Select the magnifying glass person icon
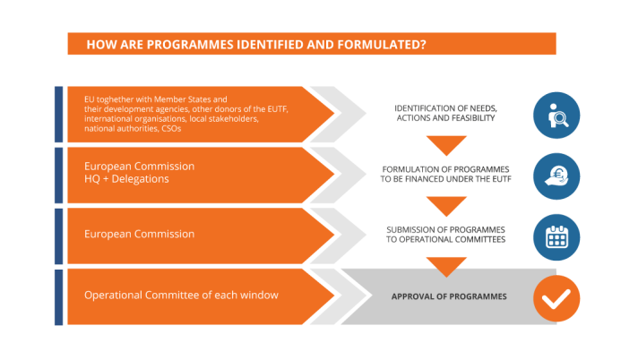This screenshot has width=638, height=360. (556, 115)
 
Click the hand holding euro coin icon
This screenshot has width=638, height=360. (556, 175)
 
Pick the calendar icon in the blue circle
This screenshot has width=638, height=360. (556, 236)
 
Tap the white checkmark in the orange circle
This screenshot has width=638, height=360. (556, 297)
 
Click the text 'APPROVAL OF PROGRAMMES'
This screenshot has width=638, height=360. (449, 296)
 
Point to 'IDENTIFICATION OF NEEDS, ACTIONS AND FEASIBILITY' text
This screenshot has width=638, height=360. (445, 114)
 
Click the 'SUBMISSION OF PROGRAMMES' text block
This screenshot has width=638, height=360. (445, 235)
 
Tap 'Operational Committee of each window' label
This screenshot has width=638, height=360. (181, 296)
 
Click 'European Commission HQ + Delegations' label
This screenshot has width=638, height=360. (139, 173)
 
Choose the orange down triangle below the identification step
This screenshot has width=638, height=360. (446, 144)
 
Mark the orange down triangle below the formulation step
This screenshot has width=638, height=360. (446, 205)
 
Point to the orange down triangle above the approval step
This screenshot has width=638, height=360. (446, 266)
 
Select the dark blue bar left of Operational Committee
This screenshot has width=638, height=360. (59, 297)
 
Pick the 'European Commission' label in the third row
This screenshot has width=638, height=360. (139, 235)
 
